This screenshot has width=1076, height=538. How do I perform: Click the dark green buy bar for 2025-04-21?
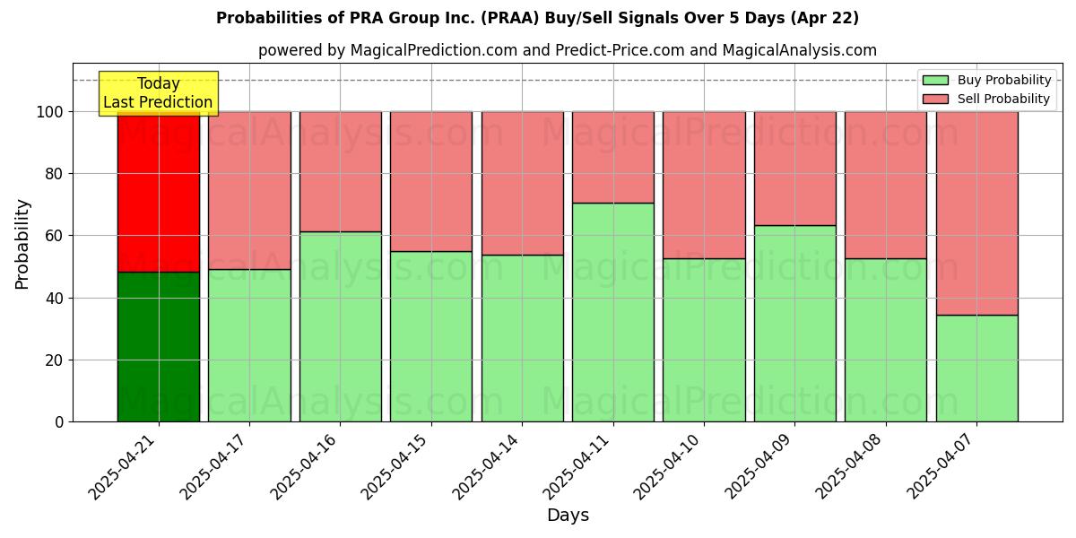tap(159, 347)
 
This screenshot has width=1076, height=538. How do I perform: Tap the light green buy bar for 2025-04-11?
tap(613, 312)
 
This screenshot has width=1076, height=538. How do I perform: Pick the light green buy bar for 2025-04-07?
tap(976, 369)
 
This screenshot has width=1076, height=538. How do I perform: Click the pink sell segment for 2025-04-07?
tap(976, 213)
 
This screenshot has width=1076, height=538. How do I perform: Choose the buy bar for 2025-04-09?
tap(794, 324)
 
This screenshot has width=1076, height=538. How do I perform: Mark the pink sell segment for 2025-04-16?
tap(341, 172)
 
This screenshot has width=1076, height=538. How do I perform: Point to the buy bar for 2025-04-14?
tap(522, 338)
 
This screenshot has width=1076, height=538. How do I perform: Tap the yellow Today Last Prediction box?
tap(158, 93)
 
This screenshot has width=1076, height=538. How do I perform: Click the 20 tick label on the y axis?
tap(55, 360)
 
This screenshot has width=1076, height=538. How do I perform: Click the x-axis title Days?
tap(568, 516)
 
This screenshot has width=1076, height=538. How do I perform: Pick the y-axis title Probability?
tap(22, 244)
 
